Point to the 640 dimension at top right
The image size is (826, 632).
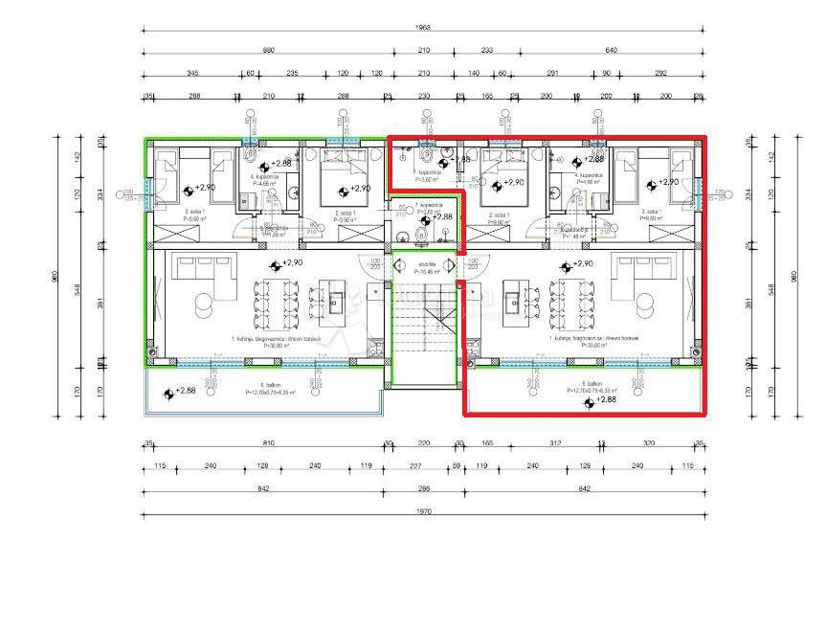click(x=611, y=50)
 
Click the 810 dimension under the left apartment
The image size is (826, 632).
click(x=268, y=443)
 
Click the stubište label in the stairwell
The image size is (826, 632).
click(x=426, y=265)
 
